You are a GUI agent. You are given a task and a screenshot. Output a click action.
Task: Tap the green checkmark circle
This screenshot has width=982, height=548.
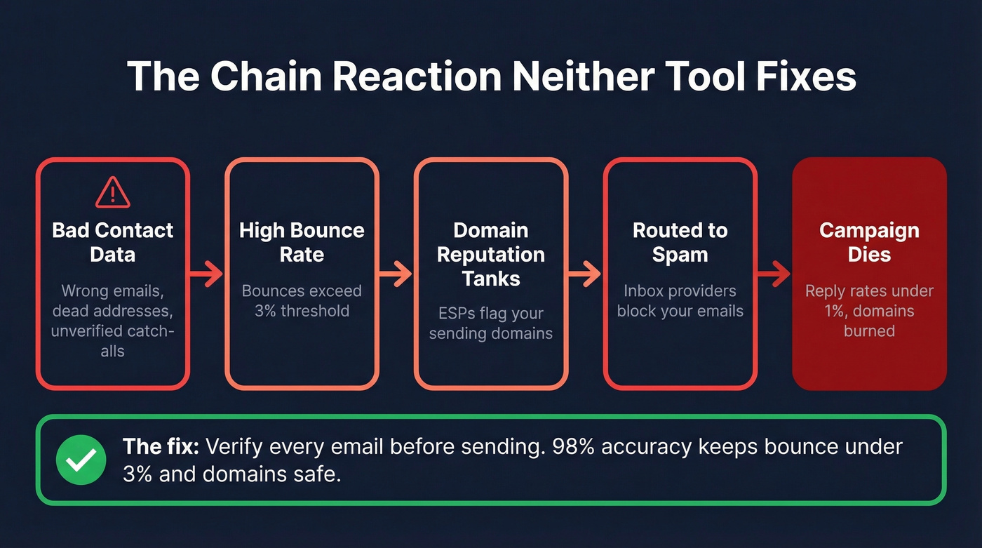point(81,460)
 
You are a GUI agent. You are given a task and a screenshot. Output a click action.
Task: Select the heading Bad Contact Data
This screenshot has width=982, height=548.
point(112,242)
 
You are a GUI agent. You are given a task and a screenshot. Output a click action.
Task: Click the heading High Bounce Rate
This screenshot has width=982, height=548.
point(302,242)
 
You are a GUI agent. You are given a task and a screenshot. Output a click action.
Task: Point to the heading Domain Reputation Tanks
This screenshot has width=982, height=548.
point(490,254)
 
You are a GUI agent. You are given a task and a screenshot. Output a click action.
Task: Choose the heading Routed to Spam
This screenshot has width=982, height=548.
point(680,242)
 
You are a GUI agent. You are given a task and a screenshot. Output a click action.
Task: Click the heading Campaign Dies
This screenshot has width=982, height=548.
point(869,242)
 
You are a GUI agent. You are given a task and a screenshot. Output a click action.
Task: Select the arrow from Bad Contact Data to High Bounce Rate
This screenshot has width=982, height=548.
point(206,274)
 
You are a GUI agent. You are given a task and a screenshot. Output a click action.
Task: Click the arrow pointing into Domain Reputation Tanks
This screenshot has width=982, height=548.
point(396,274)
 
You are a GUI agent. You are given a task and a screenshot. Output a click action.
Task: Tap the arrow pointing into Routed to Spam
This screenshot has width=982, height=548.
point(585,274)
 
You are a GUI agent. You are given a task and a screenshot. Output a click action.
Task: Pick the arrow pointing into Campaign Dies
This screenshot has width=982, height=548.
point(774,274)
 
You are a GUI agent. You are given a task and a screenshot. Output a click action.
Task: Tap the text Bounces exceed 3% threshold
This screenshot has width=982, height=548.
point(302,300)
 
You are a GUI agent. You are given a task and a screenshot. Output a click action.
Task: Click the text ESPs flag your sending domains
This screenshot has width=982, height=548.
point(490,323)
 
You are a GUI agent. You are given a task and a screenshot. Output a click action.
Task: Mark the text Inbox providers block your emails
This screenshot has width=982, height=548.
point(680,300)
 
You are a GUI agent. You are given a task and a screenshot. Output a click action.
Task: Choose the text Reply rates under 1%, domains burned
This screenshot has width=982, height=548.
point(869,310)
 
